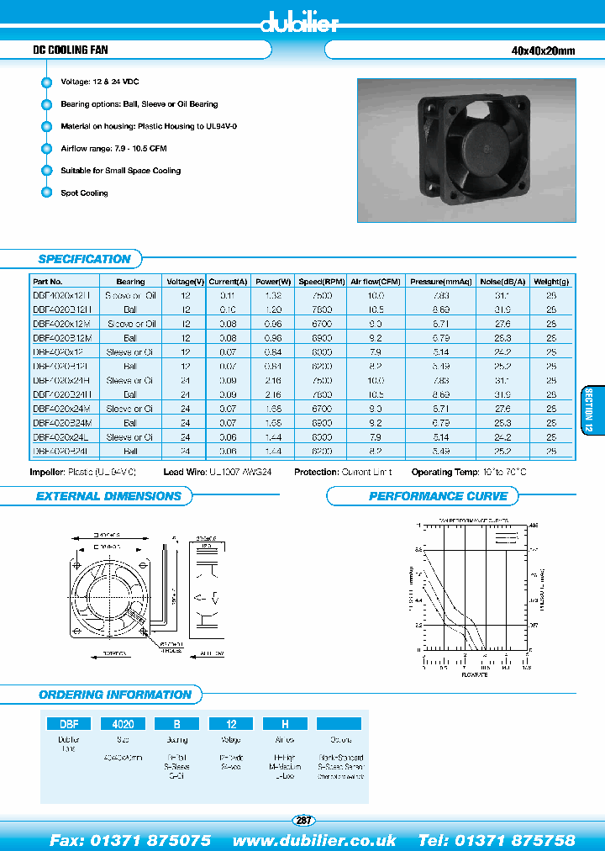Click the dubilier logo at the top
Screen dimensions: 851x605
coord(300,23)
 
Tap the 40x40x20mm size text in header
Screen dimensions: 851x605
coord(543,51)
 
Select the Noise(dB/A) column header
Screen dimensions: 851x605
coord(502,282)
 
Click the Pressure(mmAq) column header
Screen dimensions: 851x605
coord(441,282)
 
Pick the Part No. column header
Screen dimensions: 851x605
coord(48,282)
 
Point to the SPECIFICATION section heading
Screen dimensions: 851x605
coord(84,259)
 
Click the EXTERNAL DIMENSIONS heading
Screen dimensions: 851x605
coord(108,496)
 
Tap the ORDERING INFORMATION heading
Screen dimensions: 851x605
coord(115,695)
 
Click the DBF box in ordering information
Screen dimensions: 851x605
coord(68,723)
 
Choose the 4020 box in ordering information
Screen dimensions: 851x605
coord(123,723)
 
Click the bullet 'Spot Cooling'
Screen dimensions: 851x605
coord(84,193)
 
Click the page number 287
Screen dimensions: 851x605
coord(303,820)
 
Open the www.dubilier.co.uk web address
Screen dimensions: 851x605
coord(314,840)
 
